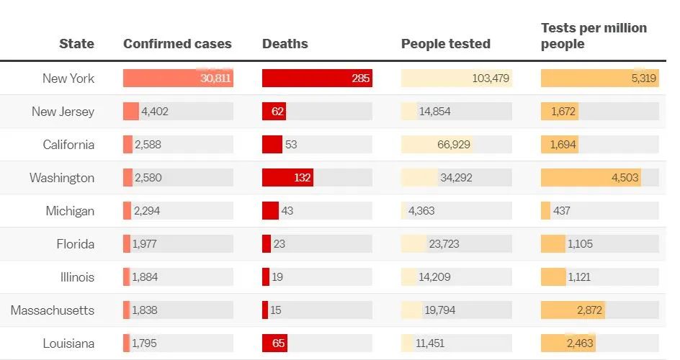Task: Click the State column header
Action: click(76, 44)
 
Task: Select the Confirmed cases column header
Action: click(177, 44)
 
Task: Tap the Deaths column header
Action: click(285, 44)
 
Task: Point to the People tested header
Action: click(445, 44)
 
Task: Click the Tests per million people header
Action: click(594, 36)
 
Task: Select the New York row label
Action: click(68, 78)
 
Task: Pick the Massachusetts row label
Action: click(53, 310)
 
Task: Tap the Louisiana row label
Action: click(68, 343)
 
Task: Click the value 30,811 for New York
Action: click(215, 78)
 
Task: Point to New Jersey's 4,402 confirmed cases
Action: click(155, 112)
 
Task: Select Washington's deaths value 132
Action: click(302, 178)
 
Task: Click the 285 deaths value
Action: click(361, 78)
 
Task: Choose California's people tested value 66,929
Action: click(454, 145)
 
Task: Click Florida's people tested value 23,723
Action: click(444, 244)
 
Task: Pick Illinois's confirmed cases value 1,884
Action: click(146, 277)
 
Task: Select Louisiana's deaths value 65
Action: click(278, 343)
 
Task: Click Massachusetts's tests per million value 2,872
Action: click(589, 310)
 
